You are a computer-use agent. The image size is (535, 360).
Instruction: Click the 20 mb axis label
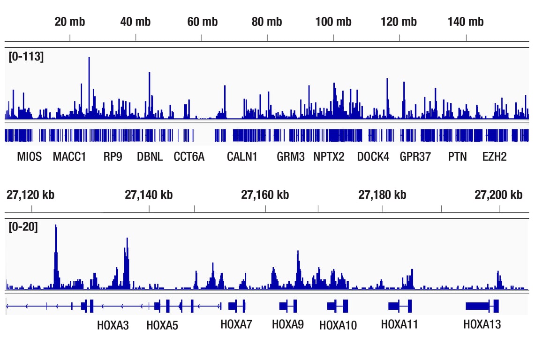tap(69, 22)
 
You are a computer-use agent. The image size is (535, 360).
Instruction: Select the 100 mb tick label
tap(333, 22)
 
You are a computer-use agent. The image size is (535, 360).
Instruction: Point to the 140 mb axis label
tap(465, 22)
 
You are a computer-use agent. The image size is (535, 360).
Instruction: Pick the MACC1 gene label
tap(69, 157)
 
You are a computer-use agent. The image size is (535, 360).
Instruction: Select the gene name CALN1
tap(242, 157)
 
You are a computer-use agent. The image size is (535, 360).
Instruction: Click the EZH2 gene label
tap(494, 157)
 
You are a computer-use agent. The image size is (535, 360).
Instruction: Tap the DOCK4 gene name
tap(373, 157)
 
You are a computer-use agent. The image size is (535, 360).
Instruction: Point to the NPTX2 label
tap(329, 157)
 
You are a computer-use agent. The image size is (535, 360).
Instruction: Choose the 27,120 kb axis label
tap(30, 195)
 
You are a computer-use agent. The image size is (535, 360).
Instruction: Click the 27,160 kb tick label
tap(265, 195)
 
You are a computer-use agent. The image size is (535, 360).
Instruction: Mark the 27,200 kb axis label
tap(498, 195)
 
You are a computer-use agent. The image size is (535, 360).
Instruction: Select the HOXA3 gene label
tap(113, 324)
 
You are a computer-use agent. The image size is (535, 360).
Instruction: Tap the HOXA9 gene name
tap(288, 324)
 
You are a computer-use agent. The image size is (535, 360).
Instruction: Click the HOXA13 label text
tap(482, 324)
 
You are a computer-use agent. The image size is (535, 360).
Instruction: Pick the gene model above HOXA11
tap(400, 306)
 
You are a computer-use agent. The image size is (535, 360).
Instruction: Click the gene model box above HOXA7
tap(236, 306)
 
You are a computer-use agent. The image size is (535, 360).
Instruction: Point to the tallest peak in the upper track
tap(89, 59)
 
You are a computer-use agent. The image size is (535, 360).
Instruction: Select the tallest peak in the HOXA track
tap(56, 226)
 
